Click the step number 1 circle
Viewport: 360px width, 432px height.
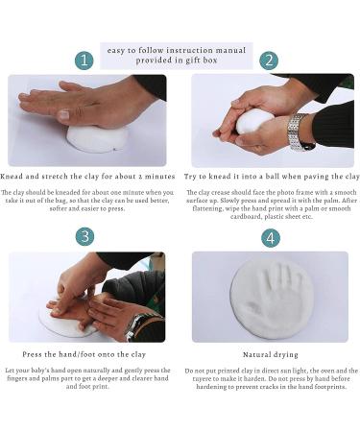click(84, 60)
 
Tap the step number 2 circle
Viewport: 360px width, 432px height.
click(270, 60)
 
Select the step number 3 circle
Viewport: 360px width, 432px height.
click(84, 236)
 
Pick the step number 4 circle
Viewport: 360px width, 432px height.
click(270, 236)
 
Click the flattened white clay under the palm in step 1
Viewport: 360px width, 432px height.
click(96, 138)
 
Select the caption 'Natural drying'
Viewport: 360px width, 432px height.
click(270, 354)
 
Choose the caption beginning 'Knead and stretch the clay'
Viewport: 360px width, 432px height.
click(87, 177)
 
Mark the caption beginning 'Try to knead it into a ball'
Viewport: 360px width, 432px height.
click(271, 177)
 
